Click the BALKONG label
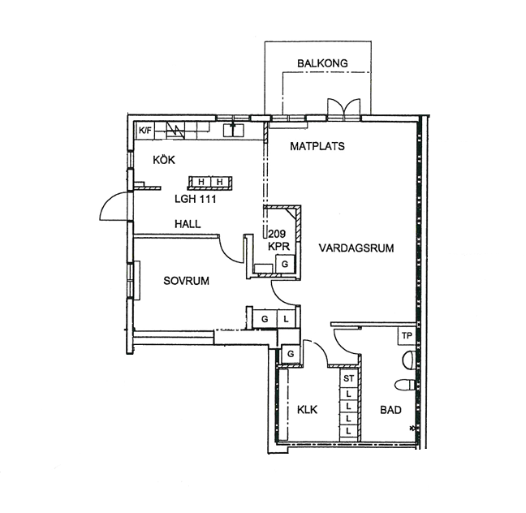pyautogui.click(x=322, y=63)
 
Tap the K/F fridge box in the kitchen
pyautogui.click(x=145, y=130)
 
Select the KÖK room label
pyautogui.click(x=164, y=160)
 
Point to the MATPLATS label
pyautogui.click(x=317, y=146)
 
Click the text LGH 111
pyautogui.click(x=196, y=199)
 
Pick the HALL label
pyautogui.click(x=188, y=224)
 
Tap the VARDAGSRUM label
pyautogui.click(x=356, y=248)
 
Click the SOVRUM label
pyautogui.click(x=186, y=281)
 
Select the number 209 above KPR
pyautogui.click(x=277, y=234)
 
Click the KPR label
pyautogui.click(x=278, y=246)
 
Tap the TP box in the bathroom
pyautogui.click(x=407, y=335)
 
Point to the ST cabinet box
pyautogui.click(x=349, y=378)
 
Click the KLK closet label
pyautogui.click(x=308, y=410)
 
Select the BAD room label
pyautogui.click(x=390, y=410)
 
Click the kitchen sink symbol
pyautogui.click(x=234, y=130)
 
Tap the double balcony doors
pyautogui.click(x=344, y=107)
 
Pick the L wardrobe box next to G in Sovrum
pyautogui.click(x=287, y=319)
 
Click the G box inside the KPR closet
pyautogui.click(x=285, y=264)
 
